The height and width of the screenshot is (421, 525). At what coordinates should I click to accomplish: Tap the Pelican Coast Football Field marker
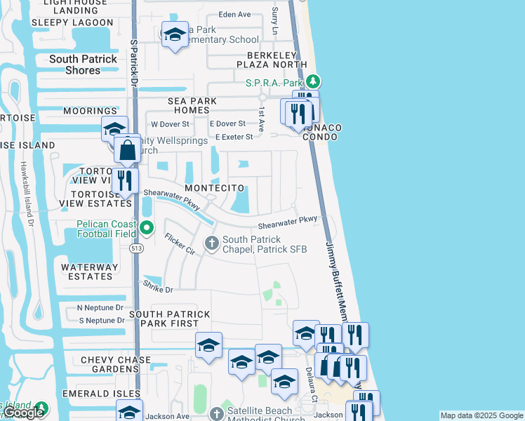coord(147,227)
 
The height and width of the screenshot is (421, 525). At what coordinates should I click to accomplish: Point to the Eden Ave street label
coord(234,14)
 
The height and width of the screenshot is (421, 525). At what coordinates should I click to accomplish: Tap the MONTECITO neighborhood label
coord(215,189)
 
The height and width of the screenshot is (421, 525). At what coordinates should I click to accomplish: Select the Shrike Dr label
coord(158,287)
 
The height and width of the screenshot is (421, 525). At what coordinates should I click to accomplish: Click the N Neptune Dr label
coord(100,308)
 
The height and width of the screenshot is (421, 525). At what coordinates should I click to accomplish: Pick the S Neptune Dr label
coord(101,321)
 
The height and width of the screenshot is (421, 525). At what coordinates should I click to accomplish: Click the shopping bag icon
coord(127,150)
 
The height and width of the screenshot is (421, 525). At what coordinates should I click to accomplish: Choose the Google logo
coord(23,413)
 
